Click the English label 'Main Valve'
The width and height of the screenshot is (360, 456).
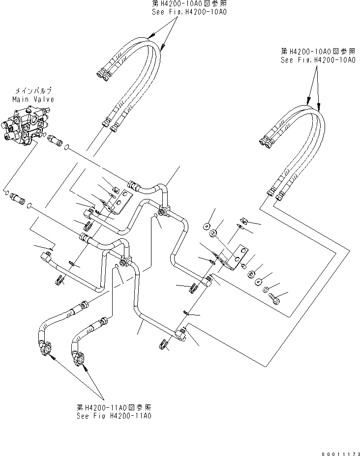[x=33, y=99]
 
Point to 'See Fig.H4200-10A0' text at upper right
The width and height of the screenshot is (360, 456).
[x=318, y=60]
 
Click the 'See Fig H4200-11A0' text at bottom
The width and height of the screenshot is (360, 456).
[x=113, y=415]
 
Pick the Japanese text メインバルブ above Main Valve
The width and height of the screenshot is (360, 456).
[x=33, y=91]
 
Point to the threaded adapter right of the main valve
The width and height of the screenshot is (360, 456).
[x=56, y=141]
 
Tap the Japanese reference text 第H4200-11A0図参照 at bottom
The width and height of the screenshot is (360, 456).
[x=113, y=407]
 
